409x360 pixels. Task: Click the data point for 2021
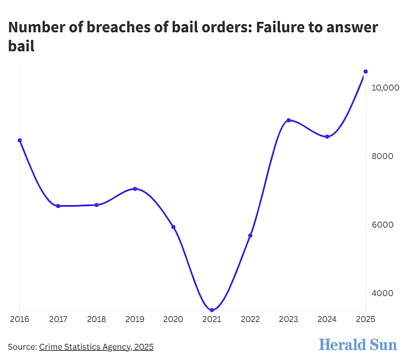click(212, 310)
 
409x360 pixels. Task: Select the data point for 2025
click(365, 71)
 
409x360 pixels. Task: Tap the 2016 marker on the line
click(20, 141)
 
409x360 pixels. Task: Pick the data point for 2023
click(289, 120)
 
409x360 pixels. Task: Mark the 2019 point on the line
click(135, 188)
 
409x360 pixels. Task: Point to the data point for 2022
click(250, 236)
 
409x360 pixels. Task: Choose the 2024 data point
click(327, 137)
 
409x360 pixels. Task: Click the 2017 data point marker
click(58, 206)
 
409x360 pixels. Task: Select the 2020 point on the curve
click(173, 227)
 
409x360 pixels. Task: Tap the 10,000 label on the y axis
click(385, 88)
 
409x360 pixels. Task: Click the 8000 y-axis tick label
click(383, 156)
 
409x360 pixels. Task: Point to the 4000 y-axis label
click(383, 293)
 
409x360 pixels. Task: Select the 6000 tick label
click(383, 225)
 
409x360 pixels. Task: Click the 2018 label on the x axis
click(97, 319)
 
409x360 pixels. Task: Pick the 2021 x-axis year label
click(212, 319)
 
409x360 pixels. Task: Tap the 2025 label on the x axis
click(365, 319)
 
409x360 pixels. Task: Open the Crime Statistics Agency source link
click(96, 347)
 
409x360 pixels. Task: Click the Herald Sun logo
click(358, 344)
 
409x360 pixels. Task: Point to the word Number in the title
click(36, 27)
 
